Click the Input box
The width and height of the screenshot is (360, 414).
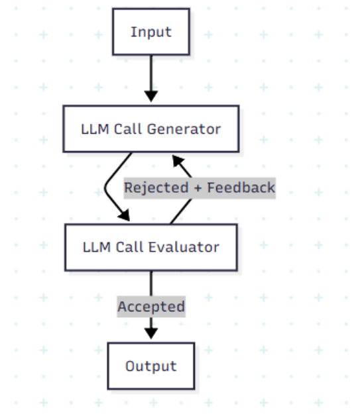(151, 32)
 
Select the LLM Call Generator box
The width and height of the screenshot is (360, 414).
(151, 129)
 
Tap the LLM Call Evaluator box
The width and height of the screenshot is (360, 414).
(151, 247)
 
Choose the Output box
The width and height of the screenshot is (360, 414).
(151, 366)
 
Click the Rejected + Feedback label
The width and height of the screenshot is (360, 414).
(199, 187)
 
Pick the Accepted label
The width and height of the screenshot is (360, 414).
(151, 307)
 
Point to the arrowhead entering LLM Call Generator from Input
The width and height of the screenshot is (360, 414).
(151, 97)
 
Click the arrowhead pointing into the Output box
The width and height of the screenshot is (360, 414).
(151, 334)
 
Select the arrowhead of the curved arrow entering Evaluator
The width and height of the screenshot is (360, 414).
(123, 217)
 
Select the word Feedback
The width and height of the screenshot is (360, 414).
(241, 187)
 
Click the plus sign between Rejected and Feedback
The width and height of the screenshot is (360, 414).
(198, 187)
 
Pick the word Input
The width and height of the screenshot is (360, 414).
(151, 32)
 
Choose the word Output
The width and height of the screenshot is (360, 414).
(151, 366)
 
